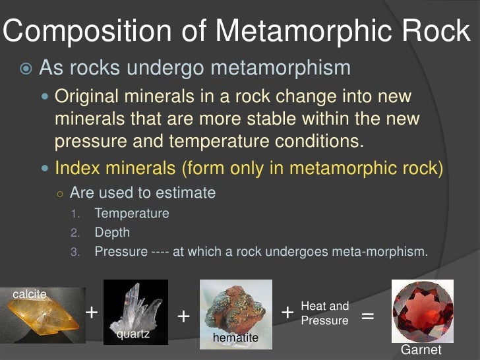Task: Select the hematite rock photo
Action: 235,310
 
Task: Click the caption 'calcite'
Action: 30,295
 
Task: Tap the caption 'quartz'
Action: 133,334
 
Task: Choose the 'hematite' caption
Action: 235,339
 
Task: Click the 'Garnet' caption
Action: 421,349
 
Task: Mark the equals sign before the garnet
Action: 367,316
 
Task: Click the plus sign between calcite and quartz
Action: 92,311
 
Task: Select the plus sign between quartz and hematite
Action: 183,317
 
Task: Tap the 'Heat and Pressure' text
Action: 324,313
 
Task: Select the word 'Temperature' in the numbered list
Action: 131,214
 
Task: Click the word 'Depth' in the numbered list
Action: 112,233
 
